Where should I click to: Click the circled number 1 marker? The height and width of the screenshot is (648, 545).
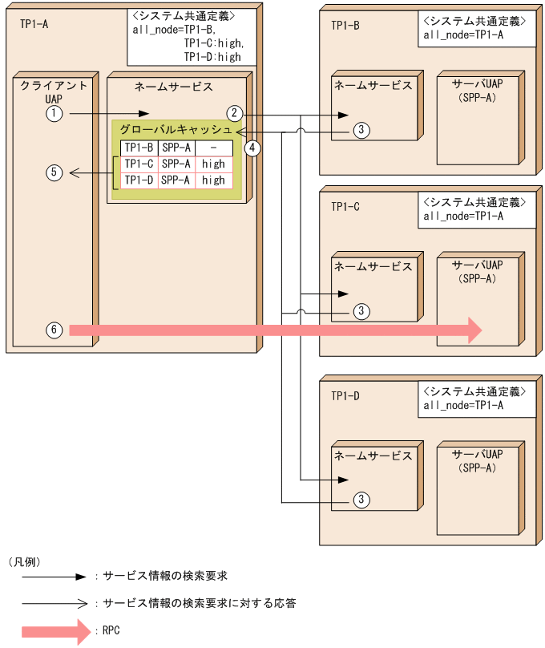[54, 115]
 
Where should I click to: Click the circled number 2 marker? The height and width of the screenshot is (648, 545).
[234, 113]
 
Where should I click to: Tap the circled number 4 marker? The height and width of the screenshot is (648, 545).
[254, 148]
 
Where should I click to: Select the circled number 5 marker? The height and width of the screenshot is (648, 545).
[54, 172]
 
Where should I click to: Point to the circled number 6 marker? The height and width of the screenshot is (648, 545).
[54, 330]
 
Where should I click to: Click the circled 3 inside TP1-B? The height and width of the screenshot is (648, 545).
[361, 130]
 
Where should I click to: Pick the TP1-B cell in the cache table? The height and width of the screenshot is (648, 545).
[138, 148]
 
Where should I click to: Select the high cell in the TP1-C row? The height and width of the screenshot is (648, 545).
[213, 164]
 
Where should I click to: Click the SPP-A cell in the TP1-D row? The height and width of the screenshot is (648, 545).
[176, 180]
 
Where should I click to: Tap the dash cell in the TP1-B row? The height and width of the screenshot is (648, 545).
[213, 148]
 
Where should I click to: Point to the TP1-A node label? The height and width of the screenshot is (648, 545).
[34, 24]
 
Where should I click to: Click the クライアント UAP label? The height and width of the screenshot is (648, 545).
[54, 91]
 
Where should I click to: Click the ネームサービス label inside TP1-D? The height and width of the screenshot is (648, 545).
[373, 456]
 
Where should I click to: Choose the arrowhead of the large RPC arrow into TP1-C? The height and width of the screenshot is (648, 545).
[473, 330]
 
